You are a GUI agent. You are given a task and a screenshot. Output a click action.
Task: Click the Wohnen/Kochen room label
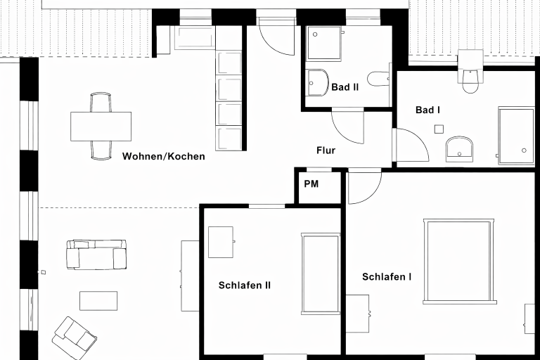click(164, 156)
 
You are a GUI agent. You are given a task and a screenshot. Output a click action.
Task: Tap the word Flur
click(326, 150)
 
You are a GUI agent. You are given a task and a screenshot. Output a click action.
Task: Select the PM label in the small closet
click(311, 184)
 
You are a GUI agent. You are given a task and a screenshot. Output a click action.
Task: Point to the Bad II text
click(345, 87)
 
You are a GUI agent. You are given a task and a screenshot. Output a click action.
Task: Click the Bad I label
click(427, 110)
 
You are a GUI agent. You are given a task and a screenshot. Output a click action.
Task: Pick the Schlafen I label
click(387, 276)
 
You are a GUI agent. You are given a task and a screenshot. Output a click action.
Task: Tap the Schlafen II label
click(245, 285)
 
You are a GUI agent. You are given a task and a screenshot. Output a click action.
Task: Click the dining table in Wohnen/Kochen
click(101, 126)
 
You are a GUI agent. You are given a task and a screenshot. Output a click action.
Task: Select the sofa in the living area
click(96, 255)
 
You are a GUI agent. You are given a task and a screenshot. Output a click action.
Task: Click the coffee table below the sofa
click(98, 301)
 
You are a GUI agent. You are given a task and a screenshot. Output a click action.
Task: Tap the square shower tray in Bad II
click(324, 44)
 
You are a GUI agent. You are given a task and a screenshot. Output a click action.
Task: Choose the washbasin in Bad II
click(318, 83)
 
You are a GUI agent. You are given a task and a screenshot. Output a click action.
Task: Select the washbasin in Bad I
click(459, 149)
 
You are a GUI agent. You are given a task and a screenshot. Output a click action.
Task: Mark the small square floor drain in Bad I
click(439, 129)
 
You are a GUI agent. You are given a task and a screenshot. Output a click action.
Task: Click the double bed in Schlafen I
click(458, 261)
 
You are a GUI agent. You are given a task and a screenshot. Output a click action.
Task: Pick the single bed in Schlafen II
click(321, 274)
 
